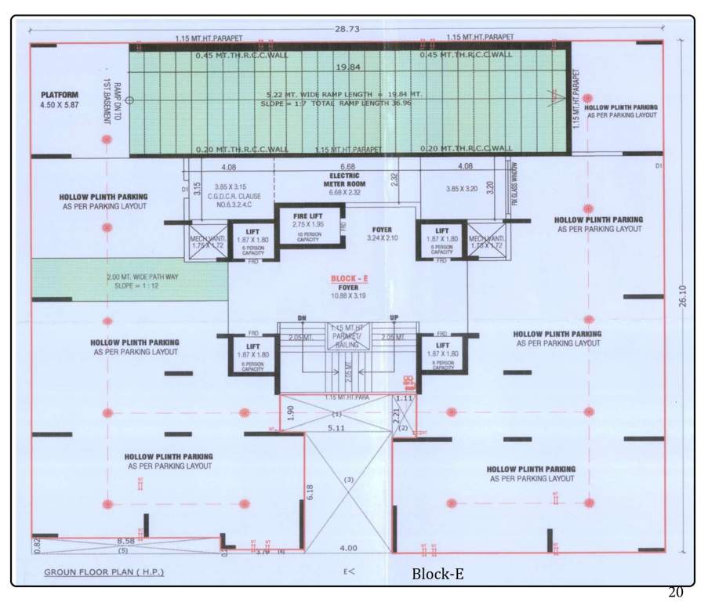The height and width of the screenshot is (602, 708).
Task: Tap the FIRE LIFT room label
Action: pos(306,216)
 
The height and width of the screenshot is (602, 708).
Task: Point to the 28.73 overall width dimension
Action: pos(347,28)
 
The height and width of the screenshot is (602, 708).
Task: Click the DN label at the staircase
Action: pos(300,317)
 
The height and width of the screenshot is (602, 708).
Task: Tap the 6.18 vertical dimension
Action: pos(310,491)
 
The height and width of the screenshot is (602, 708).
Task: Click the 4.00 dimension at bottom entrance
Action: pos(349,548)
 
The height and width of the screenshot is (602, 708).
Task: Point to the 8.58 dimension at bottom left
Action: pos(125,541)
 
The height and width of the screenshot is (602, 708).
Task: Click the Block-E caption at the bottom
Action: pos(438,575)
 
